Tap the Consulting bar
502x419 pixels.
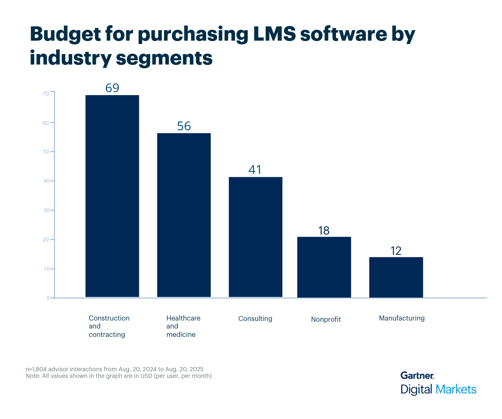pos(255,237)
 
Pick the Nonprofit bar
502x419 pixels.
pos(324,267)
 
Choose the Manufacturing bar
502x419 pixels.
pos(396,277)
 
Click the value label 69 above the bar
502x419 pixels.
pos(112,88)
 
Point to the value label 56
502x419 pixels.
pos(184,126)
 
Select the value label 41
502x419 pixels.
pos(255,170)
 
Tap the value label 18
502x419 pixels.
pos(324,230)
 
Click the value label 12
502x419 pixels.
pos(396,251)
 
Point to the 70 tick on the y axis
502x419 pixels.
pos(46,93)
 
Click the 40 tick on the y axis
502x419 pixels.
pos(46,181)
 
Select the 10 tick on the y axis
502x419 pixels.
pos(46,269)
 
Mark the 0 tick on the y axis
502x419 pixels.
pos(48,298)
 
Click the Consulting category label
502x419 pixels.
pos(255,318)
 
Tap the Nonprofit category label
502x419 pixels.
pos(326,319)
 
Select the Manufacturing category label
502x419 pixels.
pos(402,318)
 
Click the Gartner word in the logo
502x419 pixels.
pos(417,375)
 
